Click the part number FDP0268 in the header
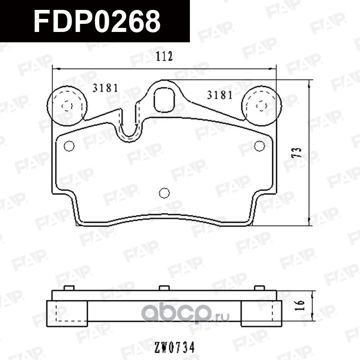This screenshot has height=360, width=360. (97, 21)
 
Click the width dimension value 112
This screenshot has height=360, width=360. (165, 57)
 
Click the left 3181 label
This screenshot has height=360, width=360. (105, 88)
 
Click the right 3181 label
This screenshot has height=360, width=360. (220, 95)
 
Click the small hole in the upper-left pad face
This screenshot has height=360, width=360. (69, 146)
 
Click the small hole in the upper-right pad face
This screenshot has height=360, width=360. (259, 146)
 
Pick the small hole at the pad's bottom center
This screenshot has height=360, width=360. (164, 193)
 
